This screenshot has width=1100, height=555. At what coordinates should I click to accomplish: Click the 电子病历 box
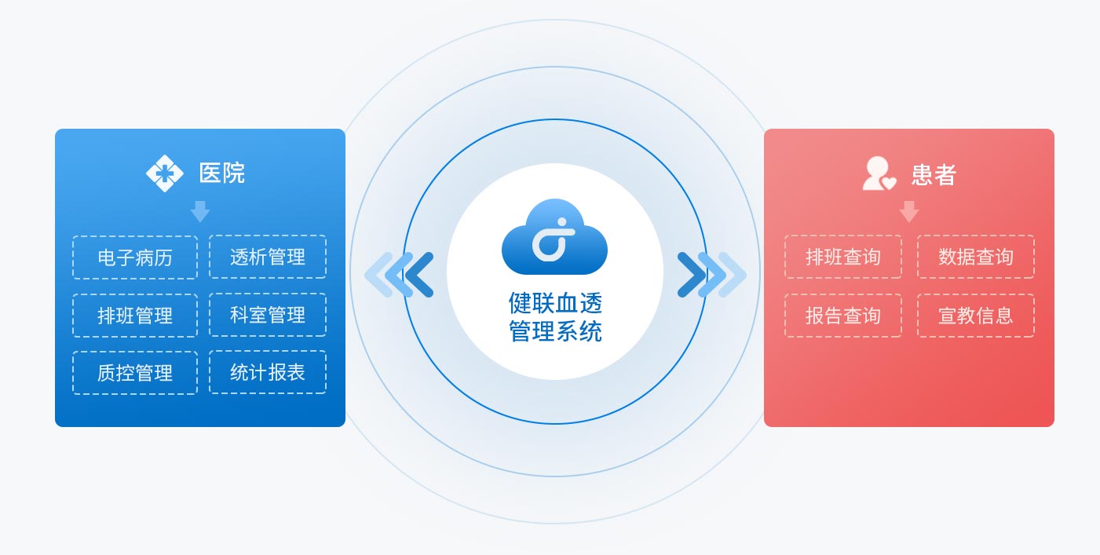(x=135, y=257)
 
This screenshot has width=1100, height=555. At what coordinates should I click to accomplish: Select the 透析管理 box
(x=268, y=257)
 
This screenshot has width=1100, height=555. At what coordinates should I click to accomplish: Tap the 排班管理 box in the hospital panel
(x=135, y=316)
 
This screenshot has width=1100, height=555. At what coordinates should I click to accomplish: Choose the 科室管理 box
(x=268, y=315)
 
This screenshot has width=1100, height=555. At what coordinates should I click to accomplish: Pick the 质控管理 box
(x=135, y=373)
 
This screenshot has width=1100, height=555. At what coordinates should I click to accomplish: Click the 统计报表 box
(x=268, y=372)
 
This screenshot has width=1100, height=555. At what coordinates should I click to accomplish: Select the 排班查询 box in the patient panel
(x=843, y=257)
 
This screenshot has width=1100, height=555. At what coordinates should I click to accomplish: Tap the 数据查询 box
(x=976, y=257)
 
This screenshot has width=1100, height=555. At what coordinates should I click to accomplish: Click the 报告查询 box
(x=843, y=316)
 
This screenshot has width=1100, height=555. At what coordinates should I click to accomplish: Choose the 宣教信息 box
(x=976, y=316)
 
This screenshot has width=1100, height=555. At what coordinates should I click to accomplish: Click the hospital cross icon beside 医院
(x=165, y=173)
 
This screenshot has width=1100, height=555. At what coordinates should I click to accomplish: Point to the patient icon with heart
(x=879, y=173)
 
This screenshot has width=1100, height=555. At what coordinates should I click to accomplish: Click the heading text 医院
(x=222, y=173)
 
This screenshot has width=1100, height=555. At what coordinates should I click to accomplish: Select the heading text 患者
(x=934, y=174)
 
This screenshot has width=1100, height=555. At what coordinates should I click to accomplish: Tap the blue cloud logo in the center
(x=554, y=237)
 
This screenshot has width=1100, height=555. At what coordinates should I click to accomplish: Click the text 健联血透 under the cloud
(x=555, y=302)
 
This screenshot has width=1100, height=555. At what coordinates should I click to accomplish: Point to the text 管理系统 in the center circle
(x=555, y=331)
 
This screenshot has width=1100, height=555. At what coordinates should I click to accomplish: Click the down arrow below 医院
(x=200, y=211)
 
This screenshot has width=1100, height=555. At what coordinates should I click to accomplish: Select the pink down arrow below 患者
(x=909, y=211)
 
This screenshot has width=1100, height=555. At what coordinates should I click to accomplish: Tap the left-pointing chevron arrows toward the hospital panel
(x=399, y=275)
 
